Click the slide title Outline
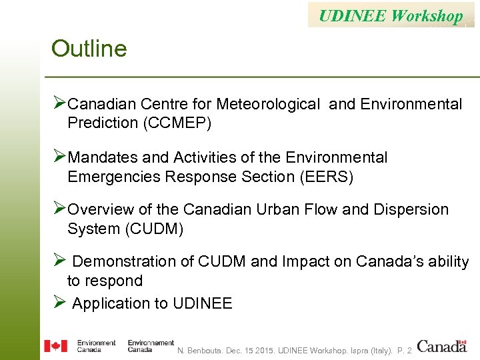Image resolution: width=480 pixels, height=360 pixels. point(89,49)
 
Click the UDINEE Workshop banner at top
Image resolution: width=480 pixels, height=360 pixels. point(391,15)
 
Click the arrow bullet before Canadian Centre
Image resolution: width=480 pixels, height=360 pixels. point(59,103)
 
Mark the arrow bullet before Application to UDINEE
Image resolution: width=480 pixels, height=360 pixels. point(59,303)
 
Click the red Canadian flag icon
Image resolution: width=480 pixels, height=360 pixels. point(55,346)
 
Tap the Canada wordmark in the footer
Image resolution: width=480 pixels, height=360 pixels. point(442,346)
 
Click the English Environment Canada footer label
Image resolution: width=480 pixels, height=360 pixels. point(96,346)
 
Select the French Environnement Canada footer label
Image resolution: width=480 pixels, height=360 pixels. point(151,346)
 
